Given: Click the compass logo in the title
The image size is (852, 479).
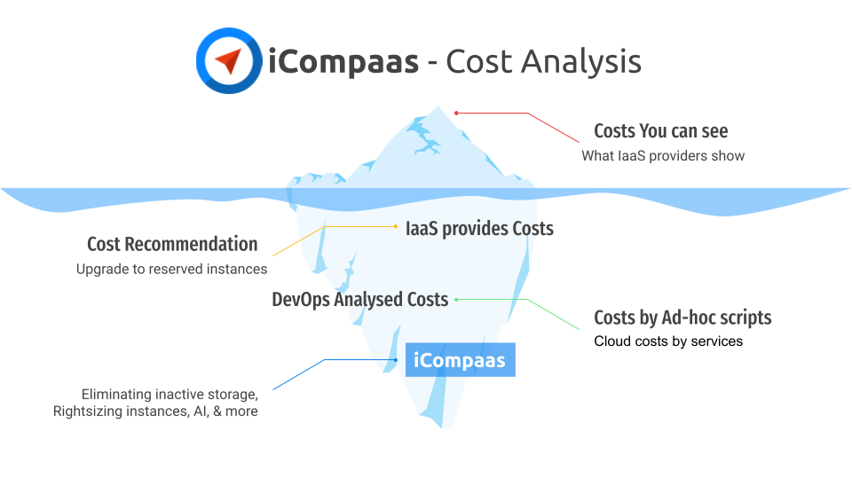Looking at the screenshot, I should tap(229, 61).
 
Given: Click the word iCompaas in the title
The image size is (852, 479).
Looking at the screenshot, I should tap(343, 62).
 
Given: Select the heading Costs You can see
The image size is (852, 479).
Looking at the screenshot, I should tap(660, 131).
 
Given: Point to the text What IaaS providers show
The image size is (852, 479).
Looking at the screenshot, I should tap(663, 156).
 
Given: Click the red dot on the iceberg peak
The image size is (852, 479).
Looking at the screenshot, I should tap(456, 113).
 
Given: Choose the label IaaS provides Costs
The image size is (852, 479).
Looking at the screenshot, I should tap(479, 229).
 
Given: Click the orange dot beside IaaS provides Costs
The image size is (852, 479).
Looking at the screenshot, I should tap(395, 227).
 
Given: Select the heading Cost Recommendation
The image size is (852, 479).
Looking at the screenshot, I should tap(172, 244).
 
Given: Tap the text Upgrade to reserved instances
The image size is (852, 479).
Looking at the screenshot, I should tap(171, 269).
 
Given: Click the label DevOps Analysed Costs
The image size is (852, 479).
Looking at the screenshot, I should tap(359, 300).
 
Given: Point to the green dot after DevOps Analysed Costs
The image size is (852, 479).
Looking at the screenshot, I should tap(457, 300).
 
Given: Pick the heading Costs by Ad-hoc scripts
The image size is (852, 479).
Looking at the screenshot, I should tap(682, 318).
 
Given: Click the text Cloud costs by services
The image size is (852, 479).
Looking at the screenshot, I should tap(668, 342).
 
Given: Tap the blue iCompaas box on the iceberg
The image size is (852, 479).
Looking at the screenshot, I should tap(460, 360).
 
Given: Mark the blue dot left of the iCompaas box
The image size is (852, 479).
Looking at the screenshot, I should tap(396, 359).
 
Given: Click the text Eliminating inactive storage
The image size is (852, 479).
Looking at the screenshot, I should tap(170, 393).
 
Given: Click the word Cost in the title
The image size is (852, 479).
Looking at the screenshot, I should tap(477, 62).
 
